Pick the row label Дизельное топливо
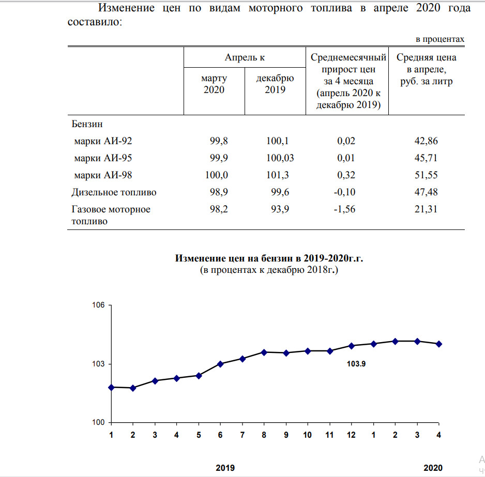114,192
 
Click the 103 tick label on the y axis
99,364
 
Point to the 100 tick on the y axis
99,423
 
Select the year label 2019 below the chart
224,468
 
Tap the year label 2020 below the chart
433,468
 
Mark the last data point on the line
439,344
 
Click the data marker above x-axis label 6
220,364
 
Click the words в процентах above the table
440,39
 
